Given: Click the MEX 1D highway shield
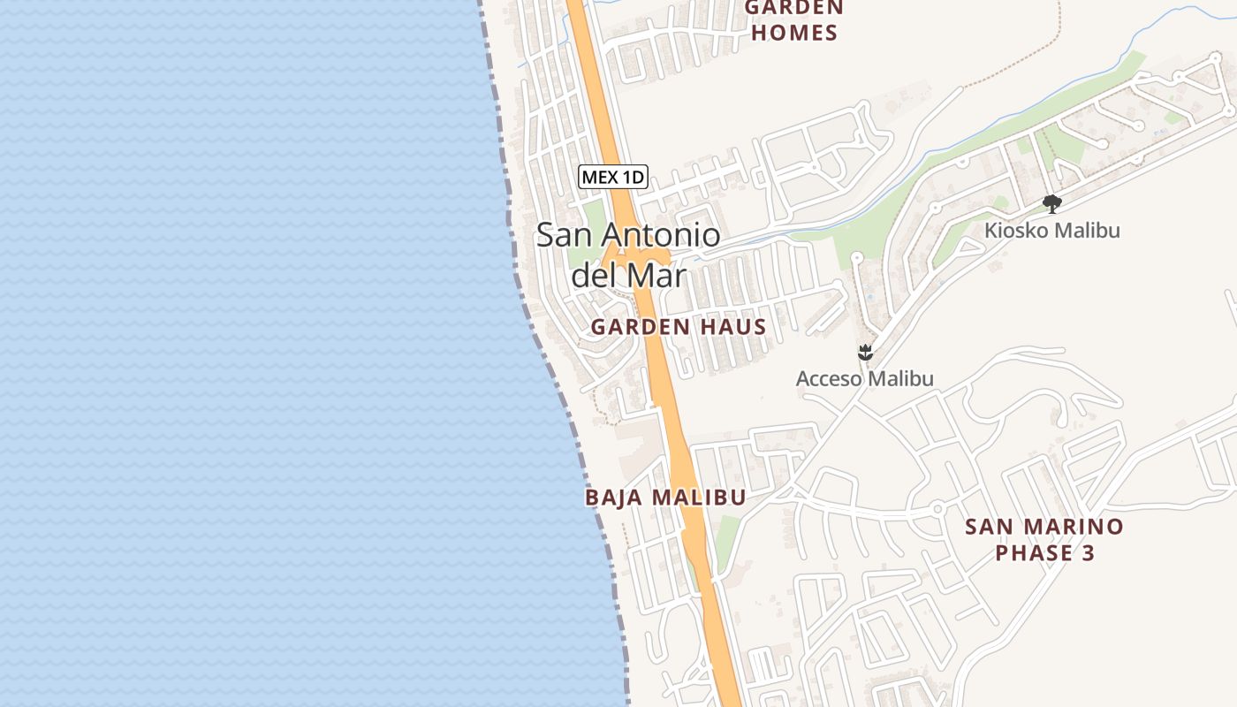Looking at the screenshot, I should point(613,177).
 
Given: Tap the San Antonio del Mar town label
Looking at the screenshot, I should point(628,255).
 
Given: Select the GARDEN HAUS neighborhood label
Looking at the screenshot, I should point(678,327).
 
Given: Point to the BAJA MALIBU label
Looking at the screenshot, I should point(665,498).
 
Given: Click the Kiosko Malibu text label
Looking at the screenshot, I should point(1052,231).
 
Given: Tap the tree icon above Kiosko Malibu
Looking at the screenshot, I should point(1051,204).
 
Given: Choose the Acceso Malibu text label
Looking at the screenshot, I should point(864,379).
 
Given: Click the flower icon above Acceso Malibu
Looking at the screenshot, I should point(865,353).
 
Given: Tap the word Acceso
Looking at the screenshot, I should point(829,379).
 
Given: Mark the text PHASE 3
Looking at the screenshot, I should point(1044,554).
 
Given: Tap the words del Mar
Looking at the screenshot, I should point(628,276).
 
